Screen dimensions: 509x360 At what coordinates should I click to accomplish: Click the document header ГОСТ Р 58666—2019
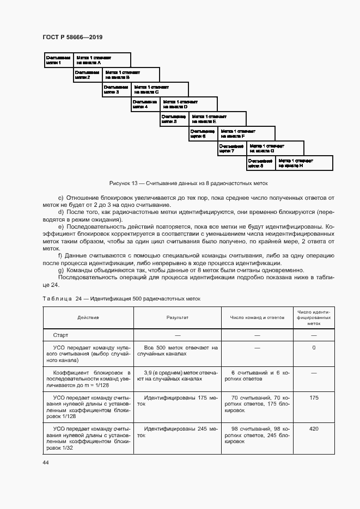tap(72, 37)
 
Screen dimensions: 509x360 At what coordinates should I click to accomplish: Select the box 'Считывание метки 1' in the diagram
tap(58, 60)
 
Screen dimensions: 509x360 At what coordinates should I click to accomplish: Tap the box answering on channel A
tap(101, 60)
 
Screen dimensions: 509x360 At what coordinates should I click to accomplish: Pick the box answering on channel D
tap(188, 104)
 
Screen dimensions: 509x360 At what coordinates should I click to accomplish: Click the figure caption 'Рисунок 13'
tap(188, 183)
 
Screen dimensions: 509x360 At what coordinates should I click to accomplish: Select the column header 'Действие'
tap(88, 317)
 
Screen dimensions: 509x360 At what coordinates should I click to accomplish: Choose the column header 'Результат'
tap(177, 317)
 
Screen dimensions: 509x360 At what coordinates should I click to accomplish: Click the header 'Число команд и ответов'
tap(258, 317)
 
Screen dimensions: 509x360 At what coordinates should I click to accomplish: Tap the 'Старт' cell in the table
tap(60, 335)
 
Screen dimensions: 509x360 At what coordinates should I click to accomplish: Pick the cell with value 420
tap(314, 429)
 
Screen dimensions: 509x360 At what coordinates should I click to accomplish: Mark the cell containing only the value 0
tap(314, 347)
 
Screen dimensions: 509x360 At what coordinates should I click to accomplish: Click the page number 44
tap(46, 462)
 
